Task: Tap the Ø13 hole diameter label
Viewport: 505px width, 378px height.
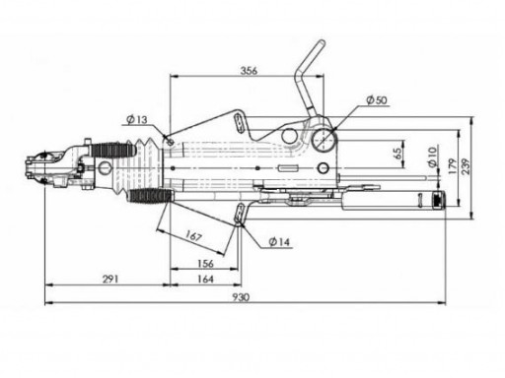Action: coord(137,120)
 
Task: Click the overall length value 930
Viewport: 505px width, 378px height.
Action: coord(241,296)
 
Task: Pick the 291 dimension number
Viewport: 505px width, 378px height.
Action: coord(110,280)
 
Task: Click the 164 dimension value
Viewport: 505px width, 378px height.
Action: coord(204,280)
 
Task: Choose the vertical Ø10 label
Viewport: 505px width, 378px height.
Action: coord(432,157)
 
